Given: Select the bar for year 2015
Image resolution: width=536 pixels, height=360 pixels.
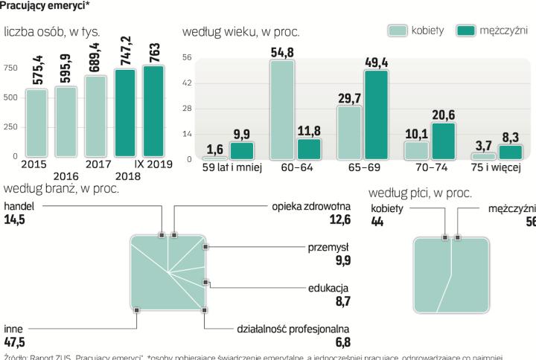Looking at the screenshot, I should (x=36, y=123).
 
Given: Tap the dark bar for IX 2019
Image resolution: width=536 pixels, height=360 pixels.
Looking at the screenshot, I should (x=153, y=111).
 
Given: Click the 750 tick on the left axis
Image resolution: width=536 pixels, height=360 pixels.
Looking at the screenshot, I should (x=10, y=68).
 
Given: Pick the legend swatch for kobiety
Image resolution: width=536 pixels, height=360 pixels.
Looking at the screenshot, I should (x=398, y=30).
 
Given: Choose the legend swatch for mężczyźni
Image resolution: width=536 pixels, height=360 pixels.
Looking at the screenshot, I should (x=465, y=30).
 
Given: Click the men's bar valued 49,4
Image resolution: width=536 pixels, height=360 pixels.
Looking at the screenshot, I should (x=376, y=115).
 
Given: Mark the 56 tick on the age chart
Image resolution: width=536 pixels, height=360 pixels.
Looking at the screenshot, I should (x=187, y=57).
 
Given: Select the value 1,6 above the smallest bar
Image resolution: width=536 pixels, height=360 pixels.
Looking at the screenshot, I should (x=214, y=149).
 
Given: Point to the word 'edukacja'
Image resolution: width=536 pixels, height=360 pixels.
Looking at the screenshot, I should (x=328, y=288).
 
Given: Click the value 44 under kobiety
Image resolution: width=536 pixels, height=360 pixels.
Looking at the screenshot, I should (x=377, y=222).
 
